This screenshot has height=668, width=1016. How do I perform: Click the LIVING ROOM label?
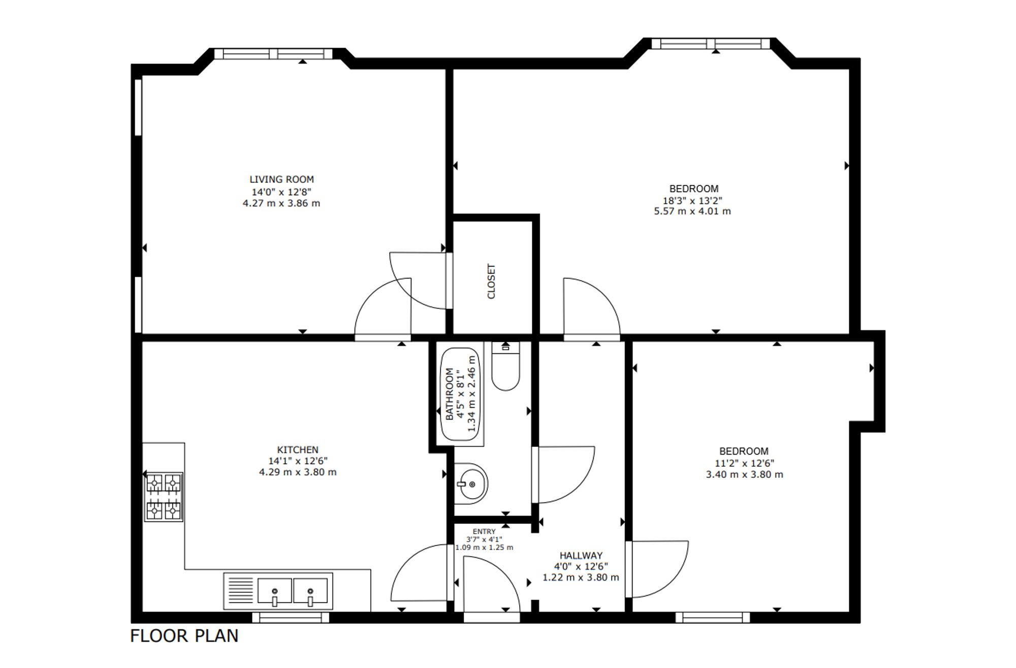pyautogui.click(x=281, y=179)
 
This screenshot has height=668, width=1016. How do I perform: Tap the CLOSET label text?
pyautogui.click(x=491, y=281)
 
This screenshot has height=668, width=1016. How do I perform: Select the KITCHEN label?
pyautogui.click(x=298, y=450)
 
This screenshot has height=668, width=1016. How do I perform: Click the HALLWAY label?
pyautogui.click(x=581, y=556)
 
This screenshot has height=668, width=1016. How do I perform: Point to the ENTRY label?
pyautogui.click(x=484, y=531)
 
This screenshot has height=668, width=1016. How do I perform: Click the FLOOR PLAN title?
pyautogui.click(x=184, y=636)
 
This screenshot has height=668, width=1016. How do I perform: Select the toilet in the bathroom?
pyautogui.click(x=505, y=366)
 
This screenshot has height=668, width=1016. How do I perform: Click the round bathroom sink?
pyautogui.click(x=470, y=484)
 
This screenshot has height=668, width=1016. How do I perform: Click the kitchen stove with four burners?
pyautogui.click(x=164, y=497)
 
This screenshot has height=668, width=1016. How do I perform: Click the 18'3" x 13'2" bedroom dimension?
pyautogui.click(x=692, y=201)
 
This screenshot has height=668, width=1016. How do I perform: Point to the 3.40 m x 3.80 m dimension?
pyautogui.click(x=745, y=475)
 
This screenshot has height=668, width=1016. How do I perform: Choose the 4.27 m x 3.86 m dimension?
pyautogui.click(x=281, y=203)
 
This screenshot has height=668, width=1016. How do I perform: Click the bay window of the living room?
pyautogui.click(x=273, y=54)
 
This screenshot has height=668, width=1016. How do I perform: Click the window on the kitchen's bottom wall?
pyautogui.click(x=291, y=617)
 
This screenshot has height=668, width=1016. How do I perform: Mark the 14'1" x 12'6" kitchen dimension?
pyautogui.click(x=298, y=461)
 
